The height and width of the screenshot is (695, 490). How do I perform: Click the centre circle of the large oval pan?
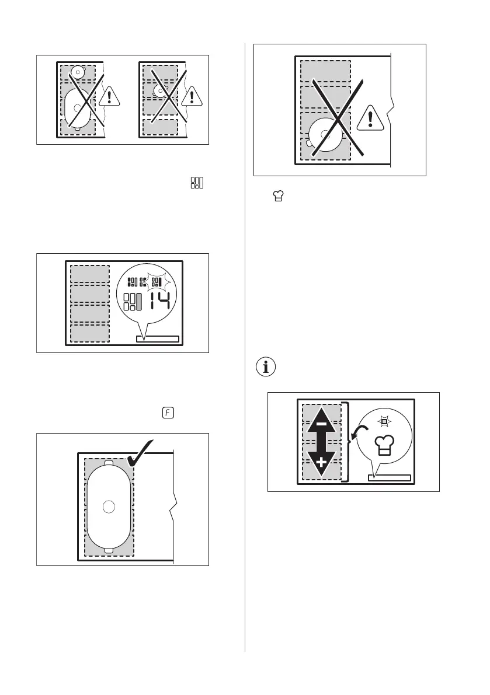[x=108, y=507]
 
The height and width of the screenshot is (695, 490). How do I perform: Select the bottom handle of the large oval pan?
[x=109, y=550]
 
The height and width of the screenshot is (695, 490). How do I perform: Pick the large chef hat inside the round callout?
[x=387, y=445]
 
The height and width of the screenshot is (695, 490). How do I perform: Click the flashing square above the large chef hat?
[x=385, y=420]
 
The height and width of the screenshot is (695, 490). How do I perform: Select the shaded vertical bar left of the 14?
[x=140, y=302]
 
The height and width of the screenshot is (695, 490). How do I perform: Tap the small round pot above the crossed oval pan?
[x=77, y=72]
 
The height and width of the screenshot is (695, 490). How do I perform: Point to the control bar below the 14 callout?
[x=157, y=338]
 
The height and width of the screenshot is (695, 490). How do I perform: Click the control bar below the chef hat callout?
[x=390, y=478]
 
